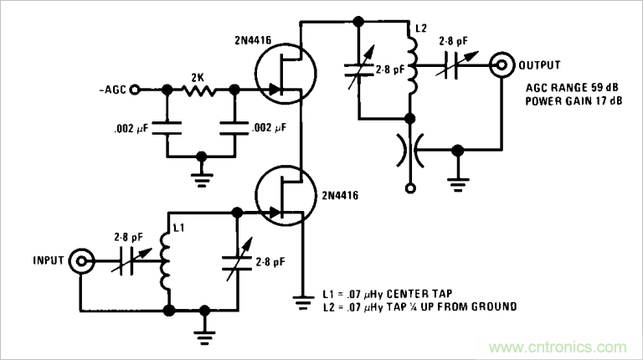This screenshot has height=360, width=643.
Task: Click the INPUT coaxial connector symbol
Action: coord(81,262)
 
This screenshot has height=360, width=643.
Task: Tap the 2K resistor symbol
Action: coord(198,88)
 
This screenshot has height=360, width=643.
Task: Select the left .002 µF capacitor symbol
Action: coord(167,128)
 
